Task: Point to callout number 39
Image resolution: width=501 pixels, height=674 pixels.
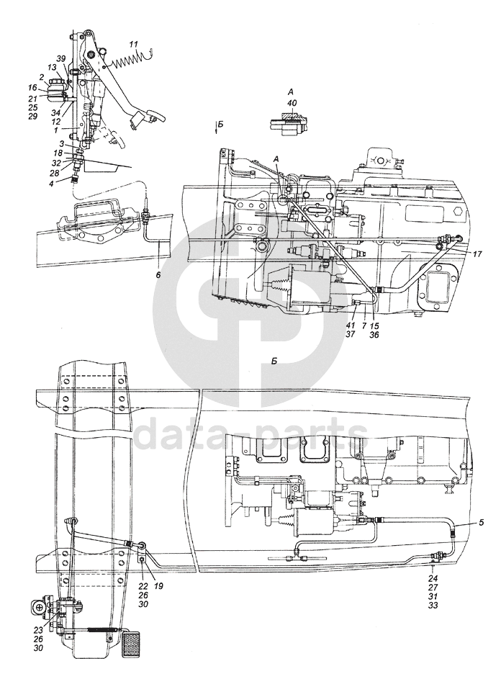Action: [x=61, y=58]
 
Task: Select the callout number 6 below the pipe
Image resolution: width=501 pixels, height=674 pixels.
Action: [x=158, y=275]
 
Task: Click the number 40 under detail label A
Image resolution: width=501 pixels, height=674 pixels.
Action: [x=291, y=103]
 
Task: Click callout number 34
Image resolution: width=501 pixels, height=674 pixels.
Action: [x=55, y=112]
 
